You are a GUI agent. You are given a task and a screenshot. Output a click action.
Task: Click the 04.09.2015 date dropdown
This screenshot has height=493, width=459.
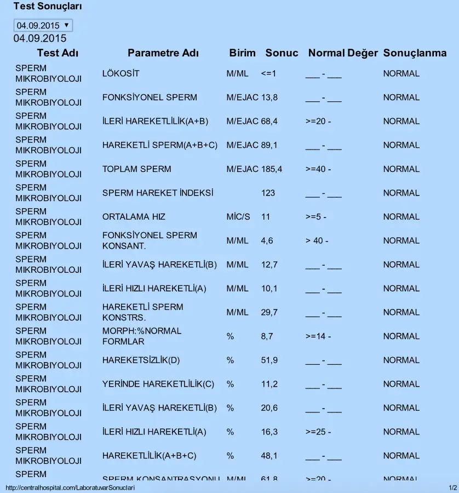(43, 25)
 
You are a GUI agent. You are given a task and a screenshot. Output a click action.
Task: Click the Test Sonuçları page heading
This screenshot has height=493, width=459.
(48, 7)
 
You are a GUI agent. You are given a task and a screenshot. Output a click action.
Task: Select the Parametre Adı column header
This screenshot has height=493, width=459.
(163, 53)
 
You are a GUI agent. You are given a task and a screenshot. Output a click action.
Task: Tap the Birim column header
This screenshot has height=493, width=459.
(242, 53)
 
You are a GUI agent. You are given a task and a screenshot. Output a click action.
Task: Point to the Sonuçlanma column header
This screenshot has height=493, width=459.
(415, 53)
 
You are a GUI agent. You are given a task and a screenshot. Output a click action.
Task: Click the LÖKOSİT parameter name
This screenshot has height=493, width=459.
(121, 73)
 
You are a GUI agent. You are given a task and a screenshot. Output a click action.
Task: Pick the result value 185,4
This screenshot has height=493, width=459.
(272, 169)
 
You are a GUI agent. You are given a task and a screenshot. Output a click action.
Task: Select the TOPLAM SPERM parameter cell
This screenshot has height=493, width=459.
(136, 169)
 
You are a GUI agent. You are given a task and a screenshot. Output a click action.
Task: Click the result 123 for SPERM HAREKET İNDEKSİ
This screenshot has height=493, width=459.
(268, 193)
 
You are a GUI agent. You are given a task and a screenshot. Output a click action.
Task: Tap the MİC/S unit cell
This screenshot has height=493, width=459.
(238, 217)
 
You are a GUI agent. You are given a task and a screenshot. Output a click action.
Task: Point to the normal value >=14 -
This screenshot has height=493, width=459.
(318, 336)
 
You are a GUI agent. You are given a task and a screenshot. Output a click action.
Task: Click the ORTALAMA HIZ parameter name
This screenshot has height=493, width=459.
(134, 217)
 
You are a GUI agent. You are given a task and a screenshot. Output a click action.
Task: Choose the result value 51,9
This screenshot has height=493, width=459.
(269, 360)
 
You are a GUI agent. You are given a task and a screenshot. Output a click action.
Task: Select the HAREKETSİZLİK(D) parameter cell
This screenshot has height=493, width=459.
(141, 360)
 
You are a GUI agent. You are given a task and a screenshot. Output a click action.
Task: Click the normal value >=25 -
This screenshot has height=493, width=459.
(318, 432)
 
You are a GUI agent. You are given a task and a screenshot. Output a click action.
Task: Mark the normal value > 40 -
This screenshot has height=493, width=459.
(317, 240)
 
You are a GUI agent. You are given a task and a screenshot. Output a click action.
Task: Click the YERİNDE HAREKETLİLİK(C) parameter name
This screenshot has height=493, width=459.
(158, 384)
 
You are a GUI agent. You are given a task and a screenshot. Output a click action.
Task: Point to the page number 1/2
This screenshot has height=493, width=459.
(452, 488)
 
